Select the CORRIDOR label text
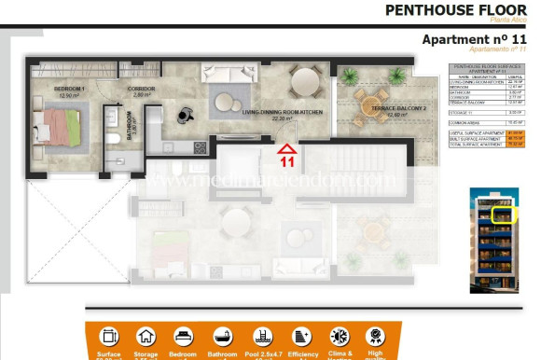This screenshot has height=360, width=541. pos(140,89)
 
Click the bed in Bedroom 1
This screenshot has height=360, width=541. pos(61,125)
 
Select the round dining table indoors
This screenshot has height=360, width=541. pos(306,83)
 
